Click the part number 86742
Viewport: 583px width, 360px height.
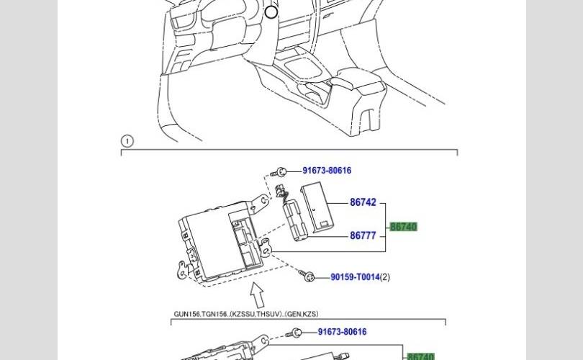coord(363,202)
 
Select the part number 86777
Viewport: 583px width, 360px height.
coord(363,235)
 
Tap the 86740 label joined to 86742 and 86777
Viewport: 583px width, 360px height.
coord(403,227)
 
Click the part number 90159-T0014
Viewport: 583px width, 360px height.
coord(355,277)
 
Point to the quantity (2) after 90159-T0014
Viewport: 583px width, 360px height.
coord(385,277)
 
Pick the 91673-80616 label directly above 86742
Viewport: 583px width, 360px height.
coord(327,171)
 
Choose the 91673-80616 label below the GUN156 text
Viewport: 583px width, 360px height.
coord(342,332)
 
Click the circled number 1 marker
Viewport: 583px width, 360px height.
coord(127,141)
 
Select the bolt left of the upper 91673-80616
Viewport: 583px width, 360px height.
coord(279,173)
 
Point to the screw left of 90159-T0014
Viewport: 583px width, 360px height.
coord(307,276)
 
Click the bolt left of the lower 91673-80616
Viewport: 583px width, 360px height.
coord(294,333)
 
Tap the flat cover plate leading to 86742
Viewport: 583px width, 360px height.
coord(317,207)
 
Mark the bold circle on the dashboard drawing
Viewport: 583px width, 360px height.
coord(271,12)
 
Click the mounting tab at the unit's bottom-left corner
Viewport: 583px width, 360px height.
coord(183,269)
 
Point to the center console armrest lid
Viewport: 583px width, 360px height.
coord(358,80)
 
